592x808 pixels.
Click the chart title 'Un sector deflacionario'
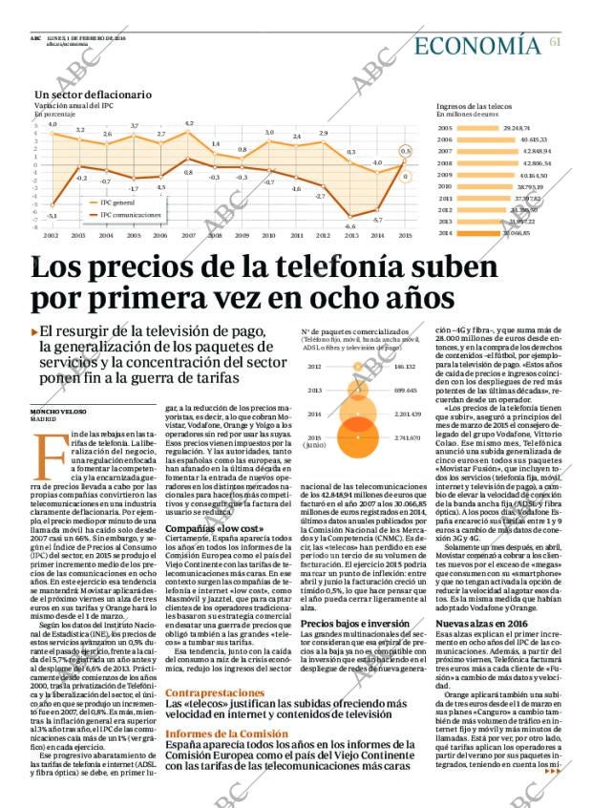[x=94, y=95]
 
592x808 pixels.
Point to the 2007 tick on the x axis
[x=188, y=235]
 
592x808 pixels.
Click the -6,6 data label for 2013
[x=350, y=226]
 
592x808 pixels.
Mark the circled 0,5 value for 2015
[x=405, y=151]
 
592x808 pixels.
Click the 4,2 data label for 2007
[x=189, y=123]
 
